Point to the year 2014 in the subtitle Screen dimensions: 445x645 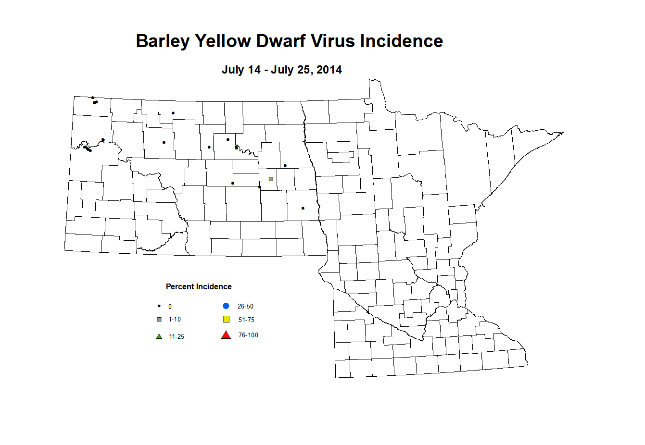click(x=329, y=70)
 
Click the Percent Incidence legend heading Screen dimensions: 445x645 click(x=199, y=287)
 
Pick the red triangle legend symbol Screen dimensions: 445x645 click(x=226, y=335)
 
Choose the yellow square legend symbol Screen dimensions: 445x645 click(x=226, y=319)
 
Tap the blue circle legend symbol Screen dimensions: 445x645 click(x=226, y=306)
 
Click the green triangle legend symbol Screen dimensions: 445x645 click(x=159, y=336)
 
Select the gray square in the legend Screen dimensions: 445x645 click(x=159, y=320)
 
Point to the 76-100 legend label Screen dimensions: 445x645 click(x=248, y=335)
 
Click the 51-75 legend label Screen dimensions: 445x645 click(x=246, y=320)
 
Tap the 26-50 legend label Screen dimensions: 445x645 click(x=245, y=306)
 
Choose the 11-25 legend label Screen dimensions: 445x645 click(x=177, y=337)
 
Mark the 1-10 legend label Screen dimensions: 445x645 click(x=175, y=320)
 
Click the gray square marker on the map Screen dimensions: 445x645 click(x=271, y=179)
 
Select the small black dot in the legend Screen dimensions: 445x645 click(x=159, y=306)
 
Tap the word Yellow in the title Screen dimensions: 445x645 click(x=223, y=41)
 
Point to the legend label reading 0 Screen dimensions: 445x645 click(x=170, y=307)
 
